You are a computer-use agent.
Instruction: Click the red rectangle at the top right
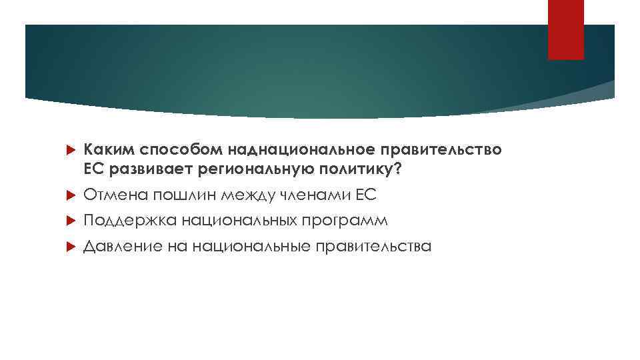(565, 29)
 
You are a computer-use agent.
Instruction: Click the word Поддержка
(123, 220)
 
